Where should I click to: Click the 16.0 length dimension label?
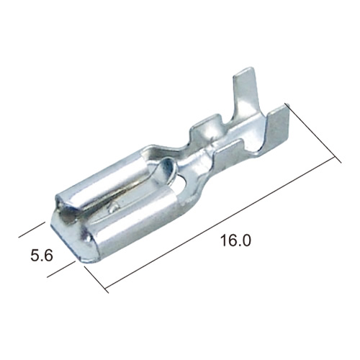coord(235,240)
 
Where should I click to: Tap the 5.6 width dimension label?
coord(42,255)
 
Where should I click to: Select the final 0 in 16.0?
coord(246,240)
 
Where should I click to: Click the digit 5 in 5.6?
coord(35,255)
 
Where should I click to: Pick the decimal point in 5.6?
coord(42,260)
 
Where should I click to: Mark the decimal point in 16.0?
coord(239,246)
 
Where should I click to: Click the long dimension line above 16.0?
coord(220,222)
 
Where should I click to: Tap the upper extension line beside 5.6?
coord(32,230)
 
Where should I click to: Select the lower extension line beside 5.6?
coord(61,269)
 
